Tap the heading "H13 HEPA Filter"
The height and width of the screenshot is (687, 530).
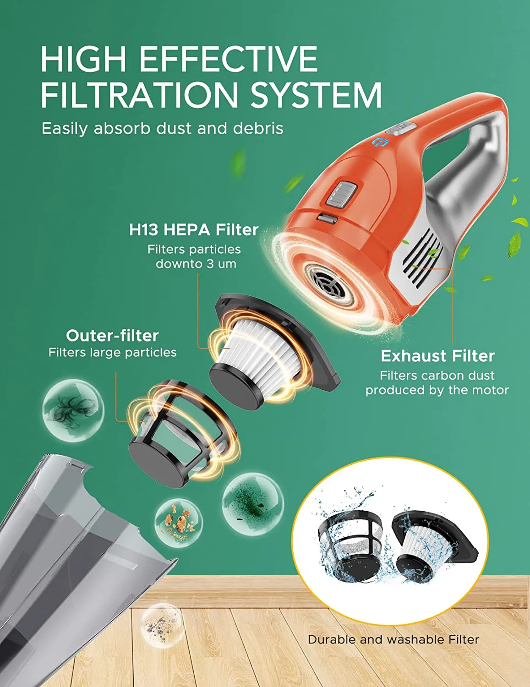[194, 230]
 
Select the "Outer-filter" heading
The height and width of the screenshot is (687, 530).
[112, 336]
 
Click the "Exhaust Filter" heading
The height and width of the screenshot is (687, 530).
[437, 356]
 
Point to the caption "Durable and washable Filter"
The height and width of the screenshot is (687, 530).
[393, 639]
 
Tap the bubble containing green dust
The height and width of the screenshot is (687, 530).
[253, 504]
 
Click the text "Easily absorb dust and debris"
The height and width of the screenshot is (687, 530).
[163, 129]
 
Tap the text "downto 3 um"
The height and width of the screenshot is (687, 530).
[196, 264]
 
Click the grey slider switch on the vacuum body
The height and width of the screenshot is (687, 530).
[342, 193]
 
